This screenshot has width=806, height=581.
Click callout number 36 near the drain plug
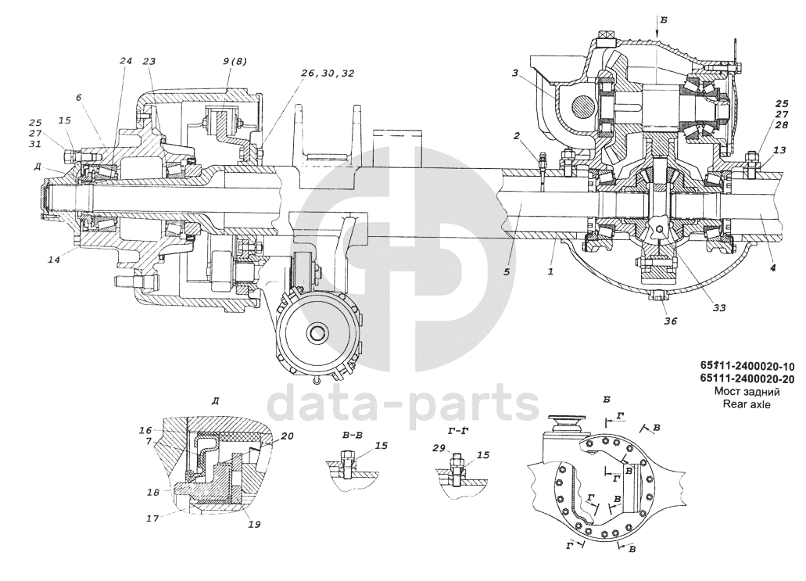tap(670, 321)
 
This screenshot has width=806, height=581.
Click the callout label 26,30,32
tap(328, 73)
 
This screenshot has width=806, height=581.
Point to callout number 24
tap(126, 61)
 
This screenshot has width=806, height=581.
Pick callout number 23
tap(149, 61)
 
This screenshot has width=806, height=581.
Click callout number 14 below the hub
tap(54, 260)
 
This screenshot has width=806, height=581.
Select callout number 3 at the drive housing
tap(514, 74)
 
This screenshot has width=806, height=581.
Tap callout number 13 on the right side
tap(779, 149)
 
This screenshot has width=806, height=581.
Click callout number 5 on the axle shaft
tap(507, 271)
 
